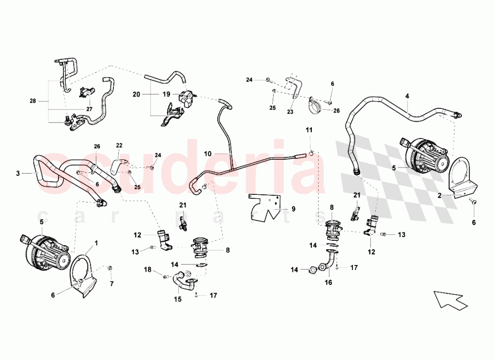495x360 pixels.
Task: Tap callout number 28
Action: (x=33, y=101)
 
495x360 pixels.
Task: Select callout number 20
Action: (x=137, y=94)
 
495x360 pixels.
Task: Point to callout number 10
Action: (x=208, y=154)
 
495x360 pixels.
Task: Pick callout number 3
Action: (x=18, y=174)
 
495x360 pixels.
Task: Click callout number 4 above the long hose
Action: (x=407, y=96)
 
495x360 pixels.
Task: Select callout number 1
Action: (x=97, y=243)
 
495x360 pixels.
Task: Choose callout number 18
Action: (x=148, y=270)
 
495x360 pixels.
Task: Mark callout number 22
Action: (x=119, y=145)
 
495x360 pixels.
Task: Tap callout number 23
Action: (x=290, y=112)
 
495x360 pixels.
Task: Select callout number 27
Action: (x=89, y=109)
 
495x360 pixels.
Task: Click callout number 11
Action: (x=309, y=130)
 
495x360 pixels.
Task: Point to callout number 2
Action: (x=440, y=196)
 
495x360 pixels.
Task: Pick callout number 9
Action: (x=293, y=209)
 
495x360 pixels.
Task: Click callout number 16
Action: (x=328, y=282)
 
